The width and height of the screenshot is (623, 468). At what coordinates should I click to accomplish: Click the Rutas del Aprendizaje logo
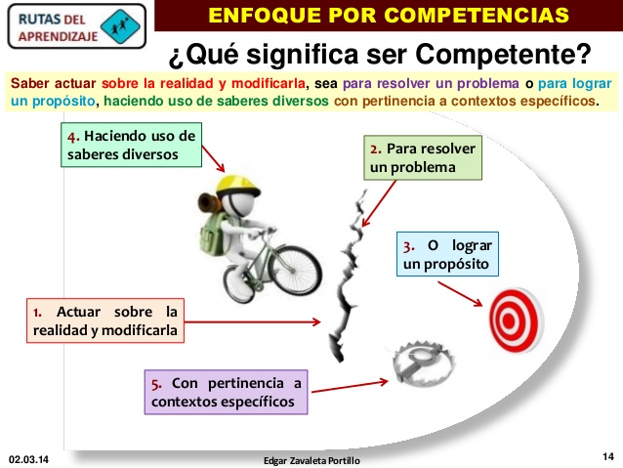point(74,25)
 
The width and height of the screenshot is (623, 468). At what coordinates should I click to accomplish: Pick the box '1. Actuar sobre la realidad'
point(104,320)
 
